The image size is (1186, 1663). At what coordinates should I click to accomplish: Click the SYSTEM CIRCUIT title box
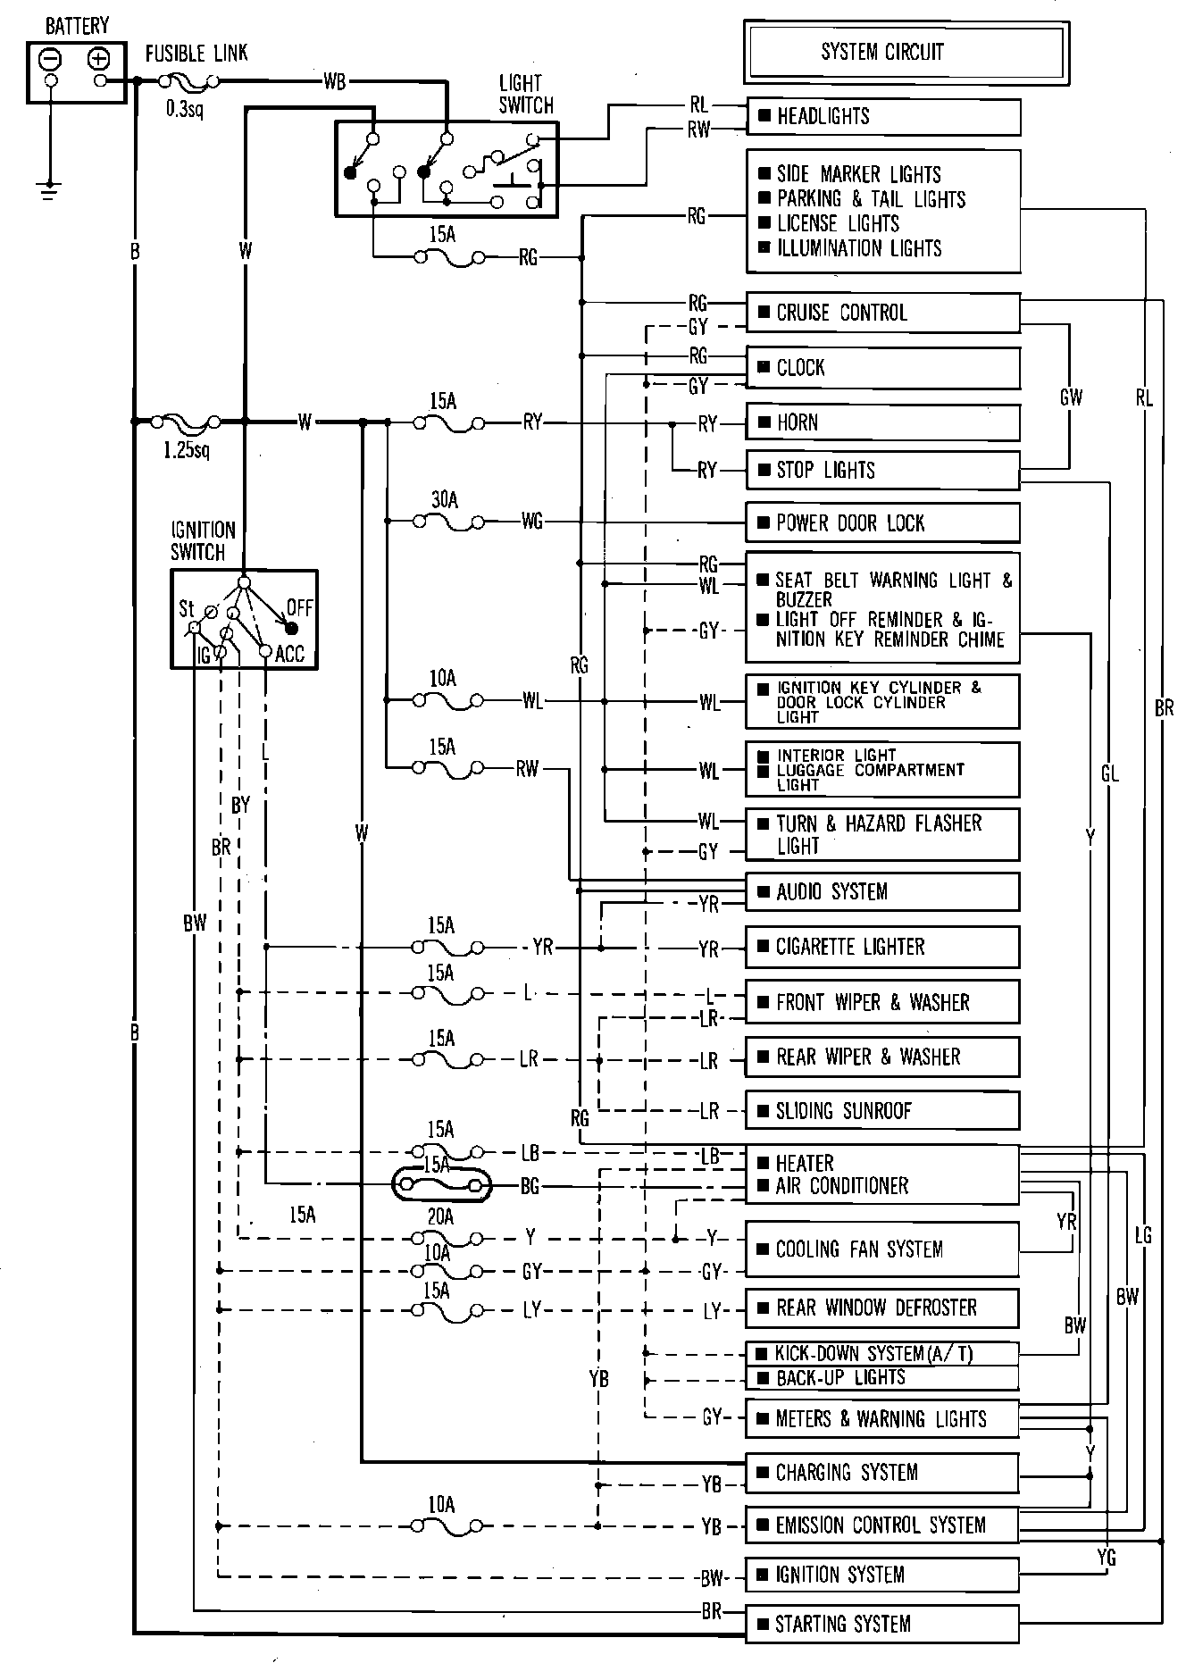coord(906,52)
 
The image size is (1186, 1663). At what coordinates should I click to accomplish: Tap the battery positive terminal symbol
coord(98,59)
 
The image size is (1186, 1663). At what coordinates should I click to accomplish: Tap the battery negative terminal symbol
coord(52,59)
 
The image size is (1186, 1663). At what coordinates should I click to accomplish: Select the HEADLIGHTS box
coord(883,116)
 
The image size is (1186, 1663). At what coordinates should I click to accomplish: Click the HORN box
coord(883,422)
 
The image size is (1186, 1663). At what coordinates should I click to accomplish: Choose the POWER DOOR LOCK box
coord(883,522)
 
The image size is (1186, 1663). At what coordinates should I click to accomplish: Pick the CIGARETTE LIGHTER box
coord(883,947)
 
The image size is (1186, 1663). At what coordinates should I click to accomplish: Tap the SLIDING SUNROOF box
coord(883,1111)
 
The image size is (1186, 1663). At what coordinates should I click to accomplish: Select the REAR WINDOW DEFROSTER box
coord(883,1308)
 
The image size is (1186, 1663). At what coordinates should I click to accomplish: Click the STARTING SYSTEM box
coord(883,1624)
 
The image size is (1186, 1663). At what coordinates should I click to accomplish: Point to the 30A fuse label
coord(445,500)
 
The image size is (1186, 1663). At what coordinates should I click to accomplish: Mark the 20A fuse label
coord(441,1216)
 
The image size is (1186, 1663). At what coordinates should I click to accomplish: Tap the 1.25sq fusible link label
coord(187,449)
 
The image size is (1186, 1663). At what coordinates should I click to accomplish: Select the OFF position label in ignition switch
coord(300,608)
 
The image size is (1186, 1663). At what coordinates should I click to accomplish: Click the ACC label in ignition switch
coord(290,655)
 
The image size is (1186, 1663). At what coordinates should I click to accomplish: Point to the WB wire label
coord(335,82)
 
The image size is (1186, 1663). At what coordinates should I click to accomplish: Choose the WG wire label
coord(532,521)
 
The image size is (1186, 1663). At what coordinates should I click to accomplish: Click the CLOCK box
coord(883,368)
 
